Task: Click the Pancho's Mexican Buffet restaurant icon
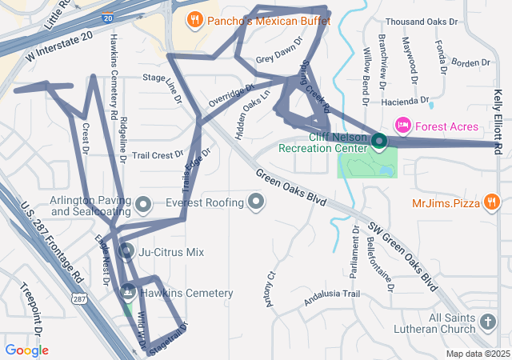[x=194, y=19]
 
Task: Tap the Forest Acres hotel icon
[x=402, y=126]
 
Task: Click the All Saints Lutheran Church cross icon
[x=487, y=323]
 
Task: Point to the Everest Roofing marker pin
[x=256, y=202]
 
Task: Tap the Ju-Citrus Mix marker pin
[x=126, y=252]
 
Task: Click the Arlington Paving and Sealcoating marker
[x=143, y=206]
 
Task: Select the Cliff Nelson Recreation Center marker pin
[x=378, y=142]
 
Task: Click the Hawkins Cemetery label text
[x=186, y=294]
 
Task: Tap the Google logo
[x=26, y=350]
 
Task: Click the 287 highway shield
[x=78, y=298]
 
